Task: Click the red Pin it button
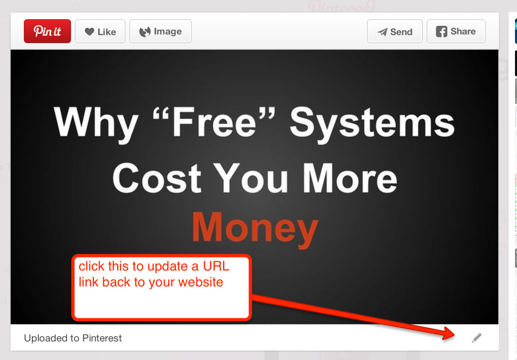point(47,31)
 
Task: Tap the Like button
point(100,31)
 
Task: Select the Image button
point(161,31)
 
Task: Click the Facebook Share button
point(456,31)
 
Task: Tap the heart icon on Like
point(89,32)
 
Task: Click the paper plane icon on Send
point(383,32)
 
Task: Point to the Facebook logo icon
point(441,31)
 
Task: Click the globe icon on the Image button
point(145,32)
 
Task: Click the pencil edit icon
point(477,338)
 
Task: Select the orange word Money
point(255,228)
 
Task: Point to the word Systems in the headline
point(372,123)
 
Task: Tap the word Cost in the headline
point(157,178)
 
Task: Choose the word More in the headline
point(350,178)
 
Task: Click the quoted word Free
point(214,122)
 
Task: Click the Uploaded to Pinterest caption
point(73,338)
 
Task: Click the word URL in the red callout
point(216,267)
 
